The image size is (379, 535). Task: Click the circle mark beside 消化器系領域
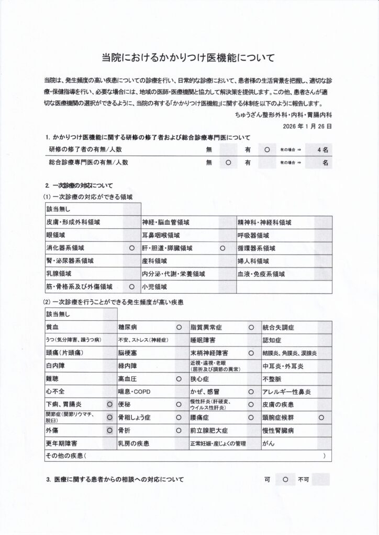pos(131,248)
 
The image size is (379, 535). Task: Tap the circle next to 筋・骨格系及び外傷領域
pos(131,287)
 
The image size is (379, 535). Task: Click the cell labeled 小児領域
pos(154,287)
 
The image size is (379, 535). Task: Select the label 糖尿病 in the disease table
pos(127,328)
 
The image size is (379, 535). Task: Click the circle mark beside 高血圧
pos(179,379)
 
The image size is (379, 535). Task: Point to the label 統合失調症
pos(278,328)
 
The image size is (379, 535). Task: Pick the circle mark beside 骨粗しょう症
pos(179,418)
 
